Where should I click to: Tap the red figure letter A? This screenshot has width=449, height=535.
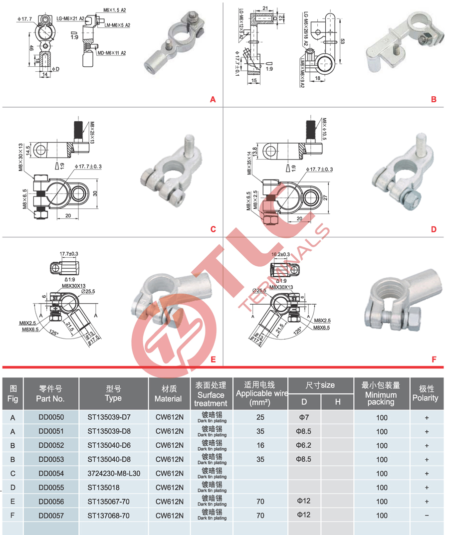pyautogui.click(x=213, y=100)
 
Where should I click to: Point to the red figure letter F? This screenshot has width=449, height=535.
pyautogui.click(x=434, y=359)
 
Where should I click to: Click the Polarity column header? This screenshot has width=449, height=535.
pyautogui.click(x=427, y=393)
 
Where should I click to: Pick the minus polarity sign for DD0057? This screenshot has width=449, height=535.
pyautogui.click(x=427, y=516)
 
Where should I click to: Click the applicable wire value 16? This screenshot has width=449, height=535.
pyautogui.click(x=260, y=446)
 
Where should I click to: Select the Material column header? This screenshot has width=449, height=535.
pyautogui.click(x=168, y=393)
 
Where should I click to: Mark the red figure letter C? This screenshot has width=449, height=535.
pyautogui.click(x=213, y=229)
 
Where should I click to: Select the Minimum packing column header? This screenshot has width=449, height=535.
pyautogui.click(x=382, y=393)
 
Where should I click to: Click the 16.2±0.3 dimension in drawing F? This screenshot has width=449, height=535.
pyautogui.click(x=280, y=254)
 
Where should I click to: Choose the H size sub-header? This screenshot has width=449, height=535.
pyautogui.click(x=337, y=401)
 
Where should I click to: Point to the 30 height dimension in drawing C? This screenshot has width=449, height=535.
pyautogui.click(x=95, y=193)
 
